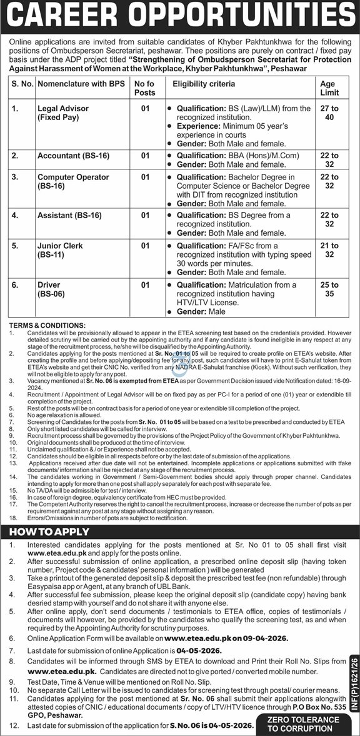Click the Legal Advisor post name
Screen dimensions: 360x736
[x=62, y=113]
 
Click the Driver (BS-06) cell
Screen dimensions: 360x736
[x=50, y=290]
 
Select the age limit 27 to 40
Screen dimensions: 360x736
[x=329, y=113]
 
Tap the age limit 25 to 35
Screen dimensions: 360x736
[x=329, y=290]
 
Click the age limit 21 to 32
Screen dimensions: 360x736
[x=329, y=250]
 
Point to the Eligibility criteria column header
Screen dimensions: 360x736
[x=204, y=84]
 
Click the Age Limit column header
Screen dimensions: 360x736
[x=328, y=88]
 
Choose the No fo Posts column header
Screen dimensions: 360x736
[x=145, y=88]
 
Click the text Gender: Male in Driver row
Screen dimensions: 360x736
[x=201, y=311]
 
